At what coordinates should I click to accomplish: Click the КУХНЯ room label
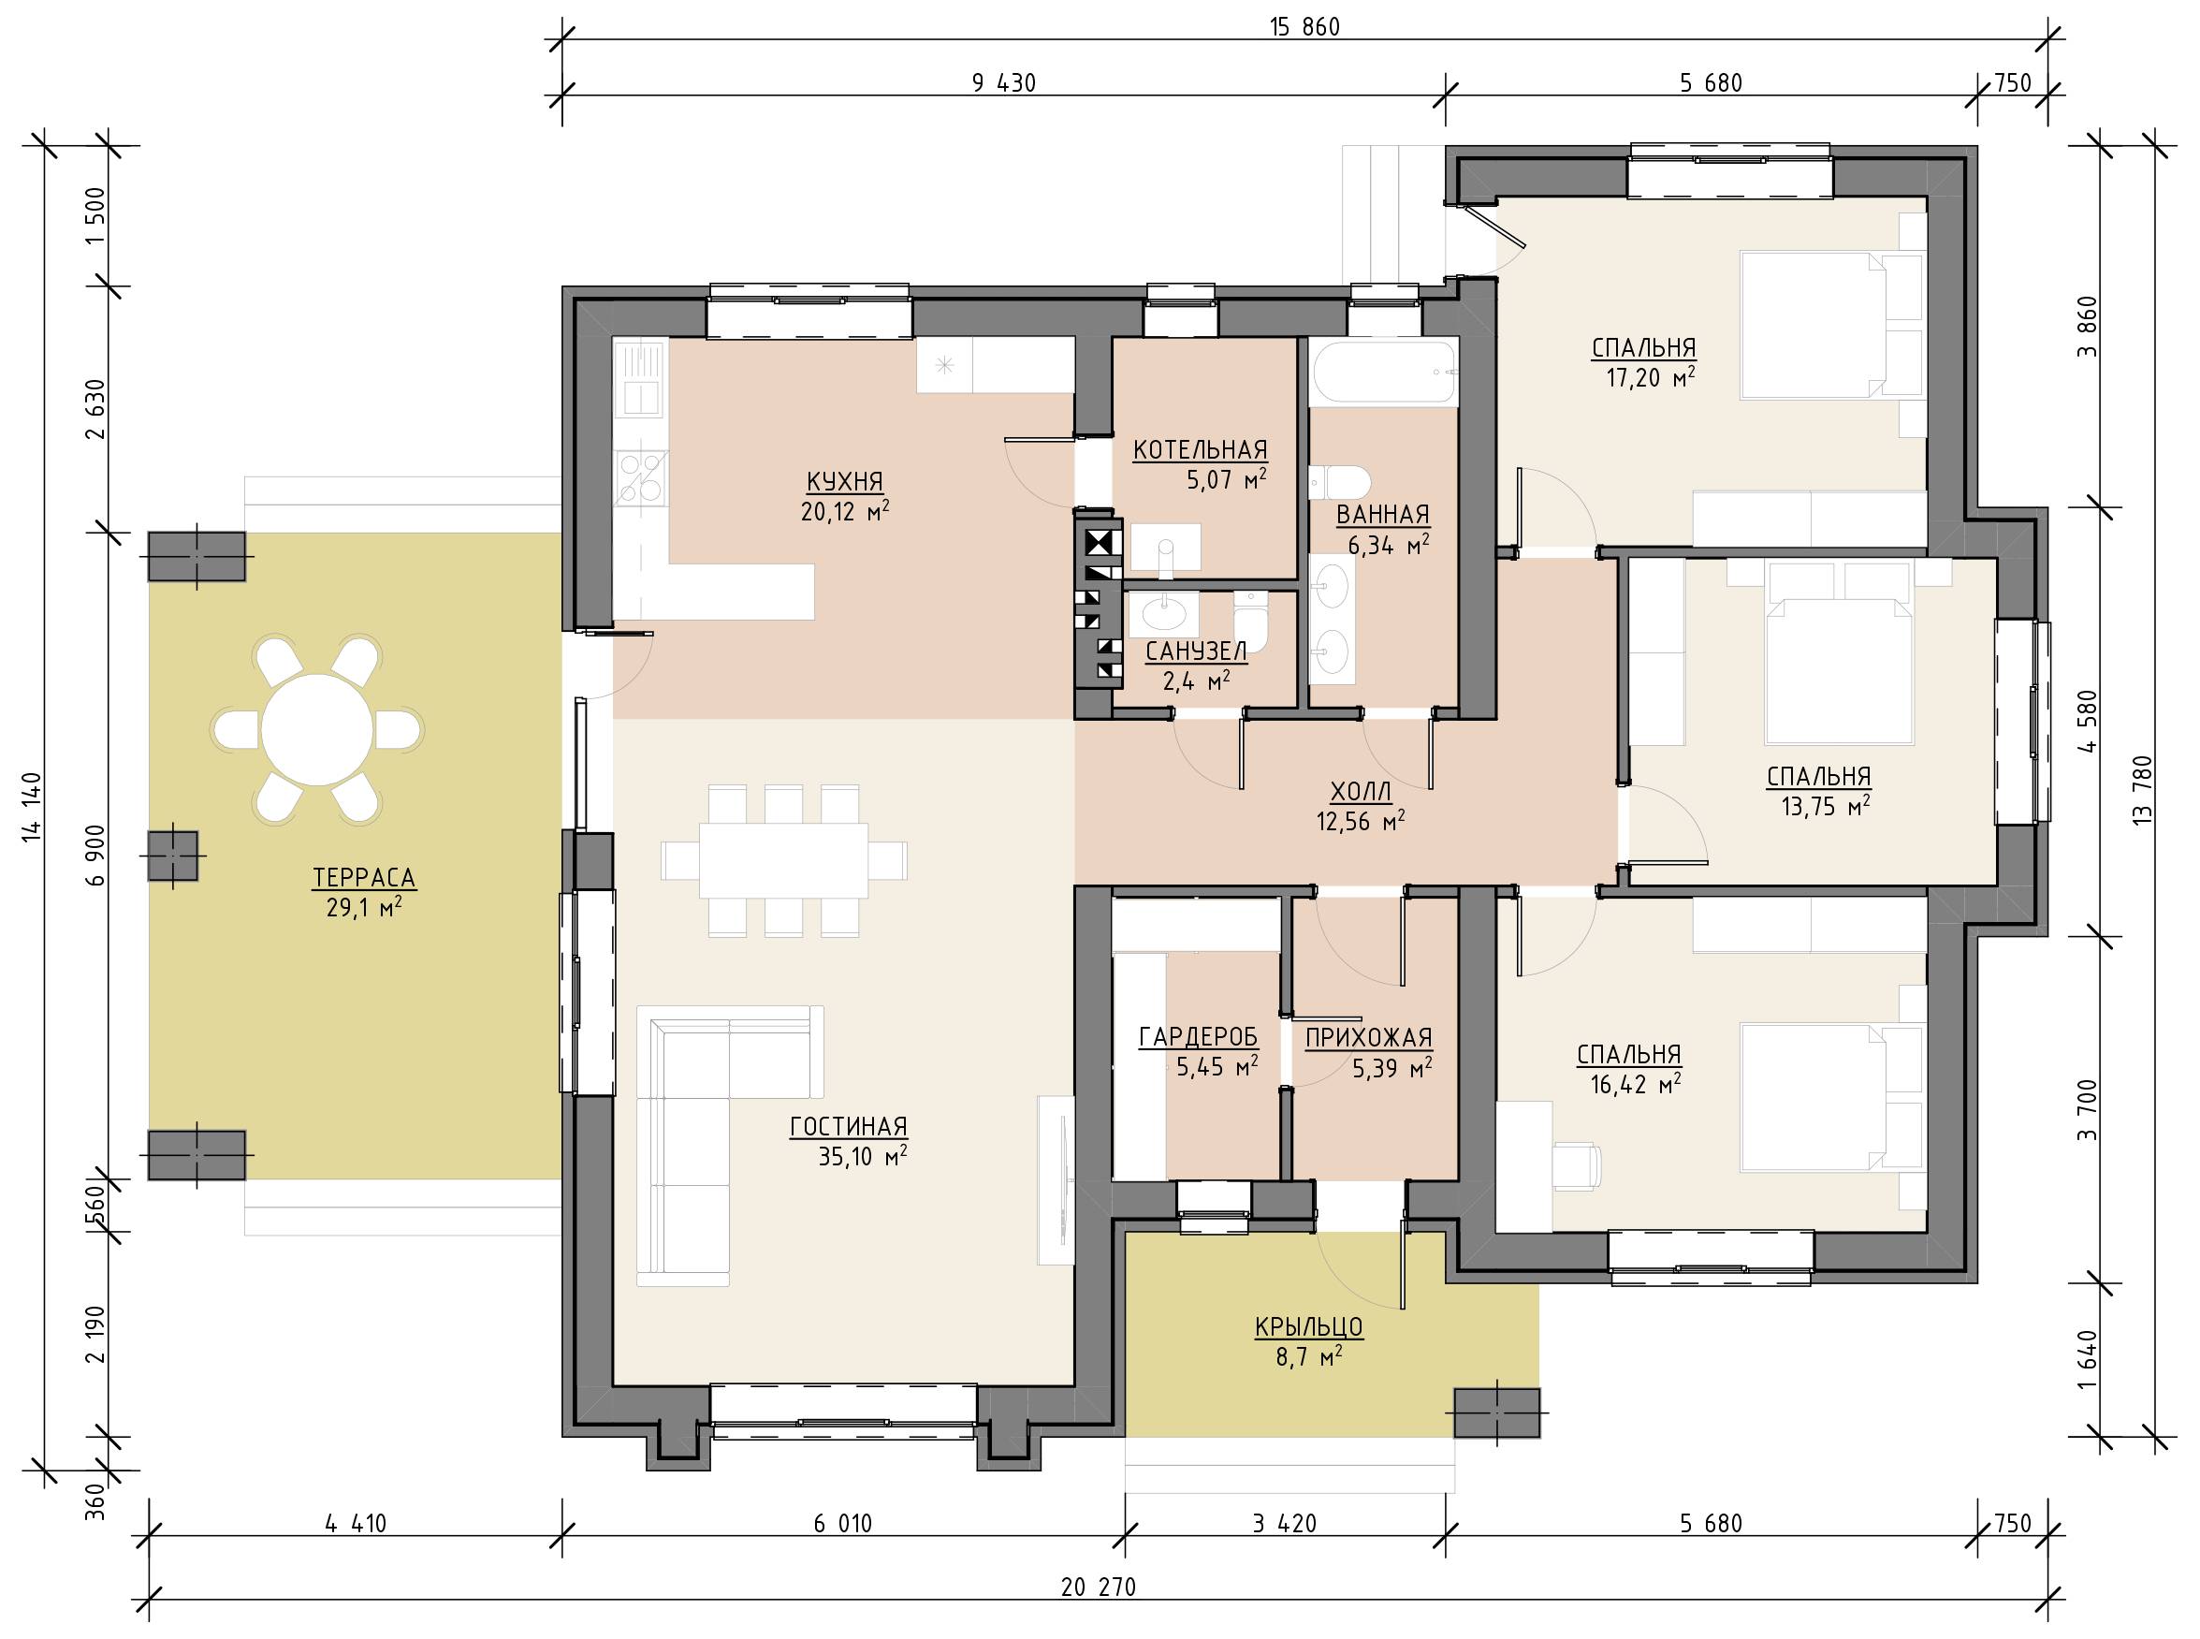pos(845,482)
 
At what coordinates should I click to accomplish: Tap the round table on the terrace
pos(317,730)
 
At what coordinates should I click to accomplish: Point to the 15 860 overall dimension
pos(1304,27)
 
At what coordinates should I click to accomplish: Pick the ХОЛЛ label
pos(1361,791)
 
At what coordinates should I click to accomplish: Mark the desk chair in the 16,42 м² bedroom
pos(1577,1163)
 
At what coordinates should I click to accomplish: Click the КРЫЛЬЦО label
pos(1309,1327)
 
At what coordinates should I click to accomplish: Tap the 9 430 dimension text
pos(1004,83)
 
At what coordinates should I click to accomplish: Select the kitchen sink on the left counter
pos(640,379)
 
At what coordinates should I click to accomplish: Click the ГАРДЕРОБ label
pos(1198,1038)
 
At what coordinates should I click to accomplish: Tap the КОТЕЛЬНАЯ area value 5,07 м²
pos(1227,481)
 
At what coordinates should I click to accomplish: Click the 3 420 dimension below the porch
pos(1285,1523)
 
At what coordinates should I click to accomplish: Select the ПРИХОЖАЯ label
pos(1368,1038)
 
